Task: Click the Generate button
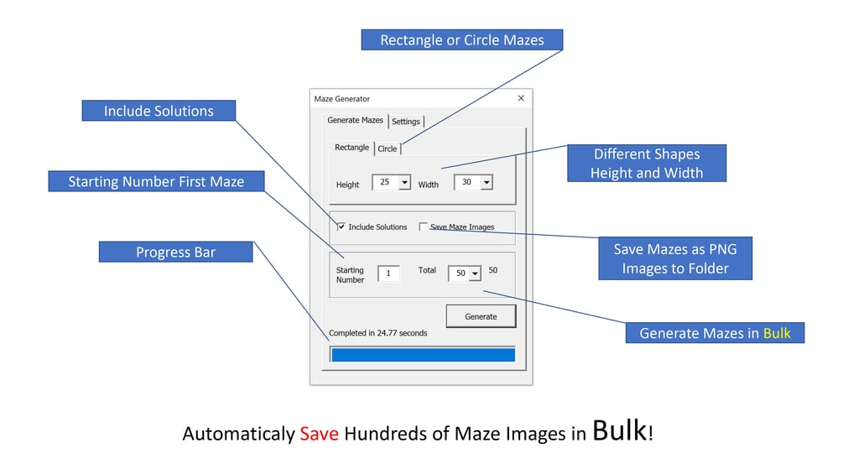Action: tap(481, 316)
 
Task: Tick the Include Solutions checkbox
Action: tap(341, 227)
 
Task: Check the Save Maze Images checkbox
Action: tap(424, 227)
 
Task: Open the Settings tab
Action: tap(406, 122)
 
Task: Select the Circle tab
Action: tap(388, 148)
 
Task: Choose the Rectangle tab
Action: tap(351, 148)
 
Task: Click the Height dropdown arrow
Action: tap(405, 182)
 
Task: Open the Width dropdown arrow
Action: tap(487, 182)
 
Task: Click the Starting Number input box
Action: tap(388, 273)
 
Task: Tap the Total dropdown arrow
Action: tap(476, 273)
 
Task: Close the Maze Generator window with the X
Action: tap(521, 98)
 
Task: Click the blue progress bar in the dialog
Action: tap(423, 355)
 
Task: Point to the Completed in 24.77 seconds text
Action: tap(377, 333)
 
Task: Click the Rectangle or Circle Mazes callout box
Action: tap(462, 40)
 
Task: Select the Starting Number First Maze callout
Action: tap(156, 181)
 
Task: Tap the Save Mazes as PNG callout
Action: tap(675, 258)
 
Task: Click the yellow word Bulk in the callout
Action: tap(777, 333)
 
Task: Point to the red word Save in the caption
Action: tap(319, 435)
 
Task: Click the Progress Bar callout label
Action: tap(175, 252)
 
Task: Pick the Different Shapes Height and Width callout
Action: tap(647, 164)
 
